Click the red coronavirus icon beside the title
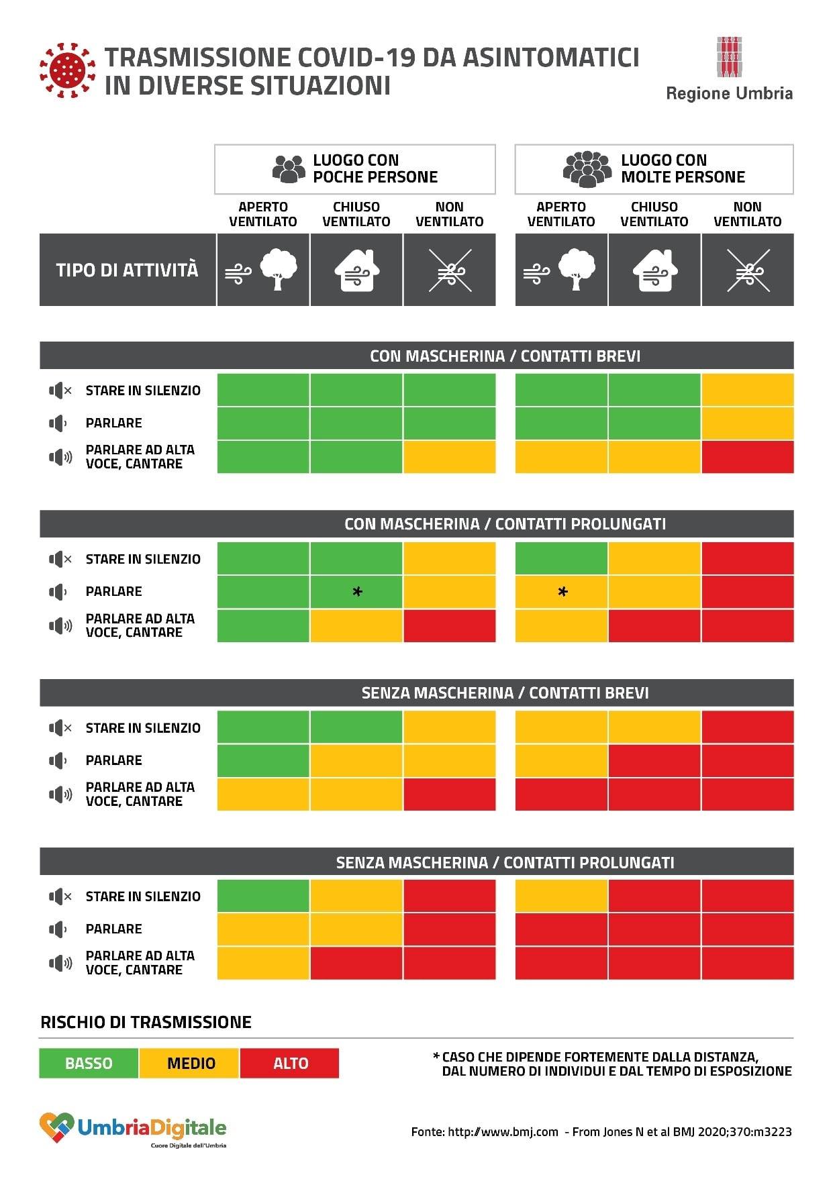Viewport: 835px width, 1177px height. pos(68,70)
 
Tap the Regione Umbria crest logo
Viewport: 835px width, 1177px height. pos(729,57)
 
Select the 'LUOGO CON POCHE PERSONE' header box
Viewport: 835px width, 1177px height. pos(354,169)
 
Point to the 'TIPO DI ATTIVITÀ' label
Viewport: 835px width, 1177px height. pos(127,270)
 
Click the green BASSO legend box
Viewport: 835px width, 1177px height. pos(89,1063)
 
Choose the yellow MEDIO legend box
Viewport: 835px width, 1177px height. pos(190,1063)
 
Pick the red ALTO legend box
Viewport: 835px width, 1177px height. pos(290,1063)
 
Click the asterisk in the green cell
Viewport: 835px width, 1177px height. pos(357,592)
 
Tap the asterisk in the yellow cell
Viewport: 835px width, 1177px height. pos(562,592)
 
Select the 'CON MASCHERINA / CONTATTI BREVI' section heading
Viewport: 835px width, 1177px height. pos(505,356)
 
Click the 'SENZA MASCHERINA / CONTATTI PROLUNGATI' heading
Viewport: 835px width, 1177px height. pos(505,862)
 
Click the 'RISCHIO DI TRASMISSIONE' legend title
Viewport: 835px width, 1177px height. pos(146,1022)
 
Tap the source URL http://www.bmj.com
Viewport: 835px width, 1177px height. pos(503,1132)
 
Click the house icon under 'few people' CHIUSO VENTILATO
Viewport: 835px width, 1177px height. pos(356,270)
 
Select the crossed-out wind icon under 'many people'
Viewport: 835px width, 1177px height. pos(748,270)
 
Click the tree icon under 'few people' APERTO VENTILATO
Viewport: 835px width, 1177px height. pos(279,269)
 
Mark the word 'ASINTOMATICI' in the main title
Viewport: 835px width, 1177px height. pos(550,58)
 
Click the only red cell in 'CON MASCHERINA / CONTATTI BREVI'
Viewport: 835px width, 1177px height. pos(748,457)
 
